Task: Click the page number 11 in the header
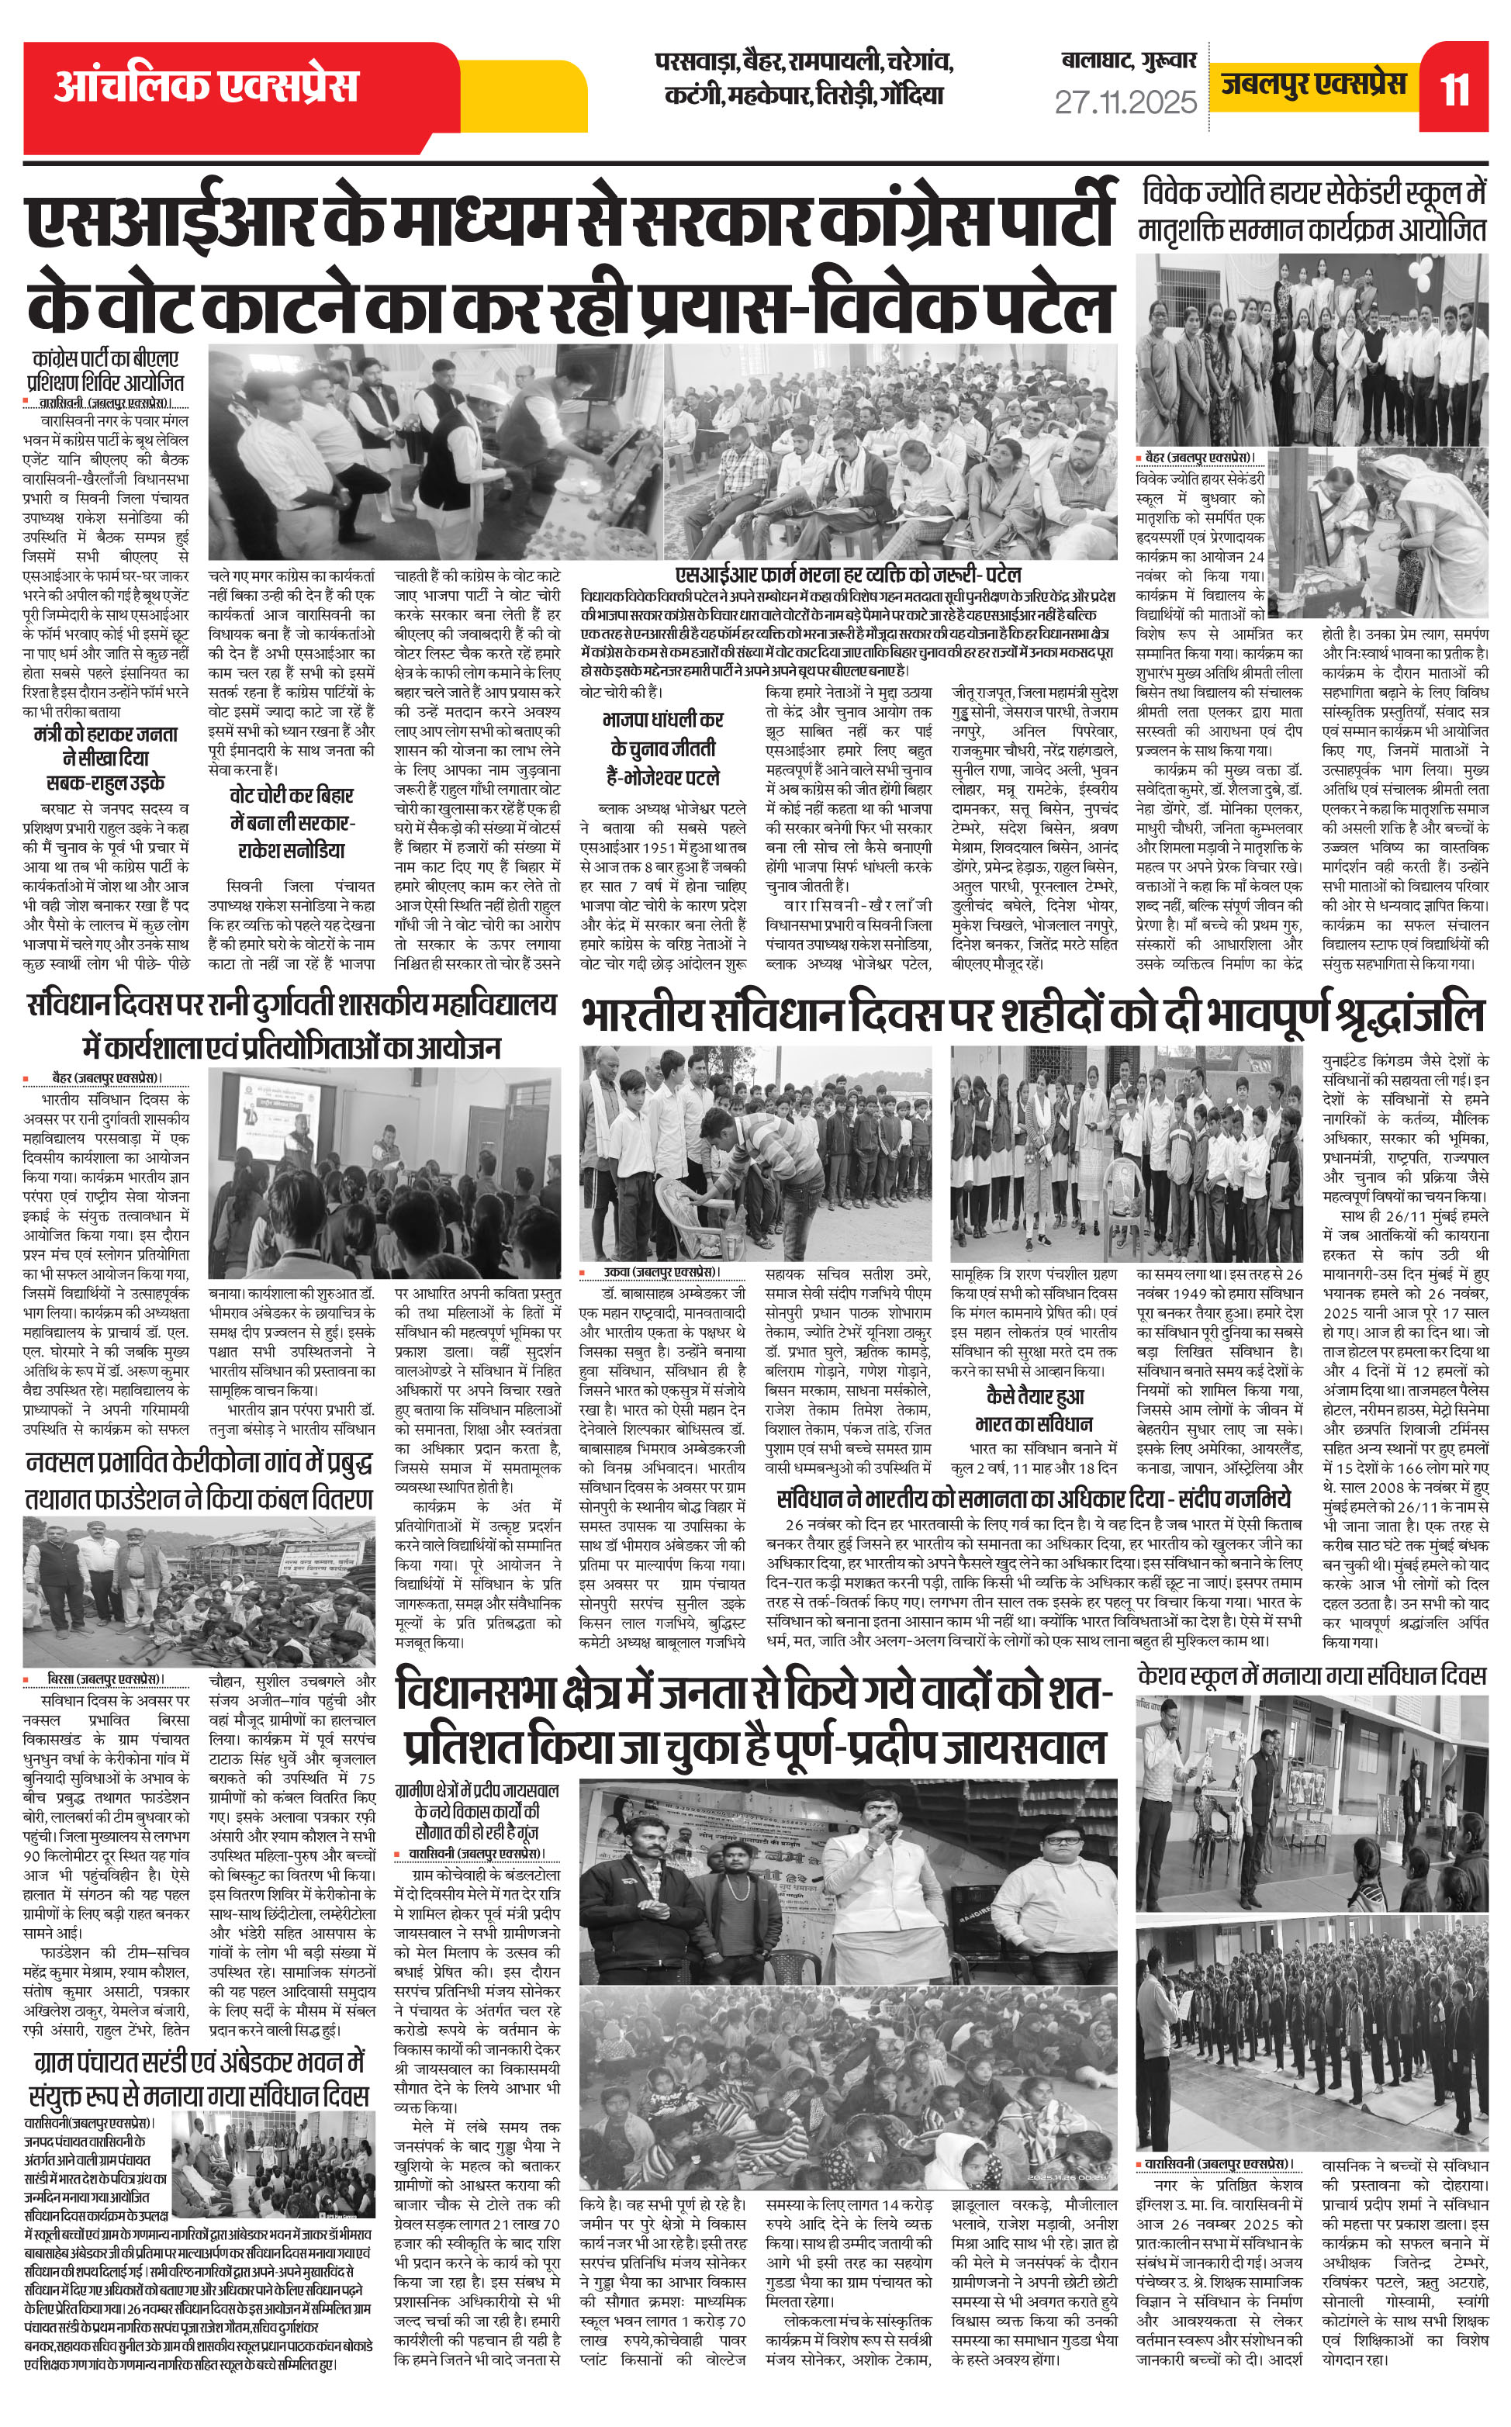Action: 1455,89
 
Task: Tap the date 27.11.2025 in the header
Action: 1125,102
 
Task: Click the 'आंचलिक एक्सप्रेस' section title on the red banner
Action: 205,86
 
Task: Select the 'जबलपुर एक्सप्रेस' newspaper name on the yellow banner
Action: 1313,84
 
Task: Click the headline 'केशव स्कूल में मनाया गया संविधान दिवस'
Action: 1311,1675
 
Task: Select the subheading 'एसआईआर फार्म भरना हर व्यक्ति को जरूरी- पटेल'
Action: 849,575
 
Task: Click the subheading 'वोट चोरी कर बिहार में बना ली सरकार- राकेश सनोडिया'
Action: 291,822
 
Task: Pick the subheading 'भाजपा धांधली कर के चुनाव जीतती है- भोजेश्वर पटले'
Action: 662,748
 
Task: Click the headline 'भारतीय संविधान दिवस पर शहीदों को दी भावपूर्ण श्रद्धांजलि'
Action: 1032,1016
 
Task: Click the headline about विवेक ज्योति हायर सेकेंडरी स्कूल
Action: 1312,210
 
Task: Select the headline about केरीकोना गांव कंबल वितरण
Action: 198,1481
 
